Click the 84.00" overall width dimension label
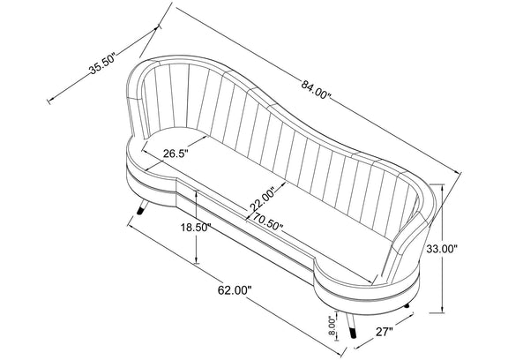coord(316,90)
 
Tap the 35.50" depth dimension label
coord(102,64)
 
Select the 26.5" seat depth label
coord(176,153)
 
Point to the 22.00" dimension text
coord(262,199)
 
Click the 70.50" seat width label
coord(267,221)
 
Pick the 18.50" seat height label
coord(197,228)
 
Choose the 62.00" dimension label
coord(235,290)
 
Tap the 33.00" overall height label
coord(441,249)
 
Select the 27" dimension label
coord(385,332)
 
